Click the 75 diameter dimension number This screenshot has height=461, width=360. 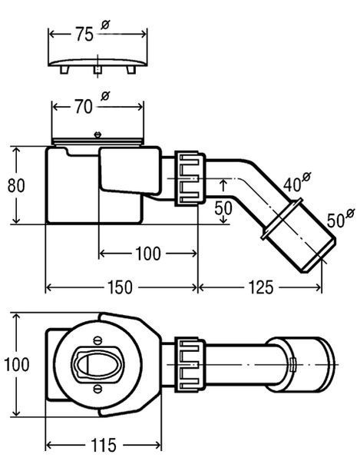point(84,34)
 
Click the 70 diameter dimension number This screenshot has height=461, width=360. point(84,107)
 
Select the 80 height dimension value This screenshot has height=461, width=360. point(16,185)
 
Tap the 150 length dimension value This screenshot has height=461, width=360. point(120,287)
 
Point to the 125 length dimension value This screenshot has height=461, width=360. point(261,287)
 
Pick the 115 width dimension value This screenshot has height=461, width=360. point(104,445)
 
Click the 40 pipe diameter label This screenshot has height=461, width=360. point(292,184)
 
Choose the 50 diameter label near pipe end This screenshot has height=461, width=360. point(335,221)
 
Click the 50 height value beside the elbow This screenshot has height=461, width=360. point(223,208)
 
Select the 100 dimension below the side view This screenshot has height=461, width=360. point(148,254)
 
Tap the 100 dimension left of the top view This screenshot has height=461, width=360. point(17,364)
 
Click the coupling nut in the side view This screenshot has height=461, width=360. point(190,178)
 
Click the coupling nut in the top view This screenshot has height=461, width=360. point(190,365)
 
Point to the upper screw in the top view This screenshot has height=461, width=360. point(97,340)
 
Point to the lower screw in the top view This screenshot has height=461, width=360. point(97,389)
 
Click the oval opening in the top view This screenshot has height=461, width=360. point(97,365)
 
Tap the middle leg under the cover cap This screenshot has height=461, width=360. point(97,70)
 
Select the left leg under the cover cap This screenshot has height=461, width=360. point(64,70)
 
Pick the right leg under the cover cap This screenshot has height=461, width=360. point(131,70)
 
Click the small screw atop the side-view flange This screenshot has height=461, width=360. point(97,134)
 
